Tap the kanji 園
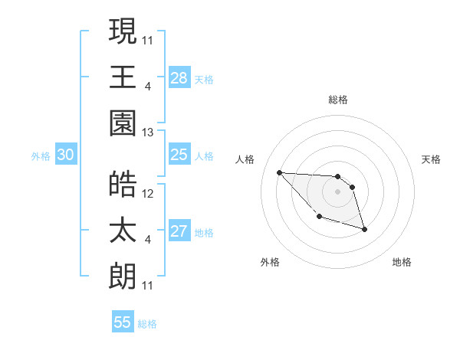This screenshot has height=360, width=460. (123, 123)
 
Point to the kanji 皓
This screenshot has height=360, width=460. (123, 184)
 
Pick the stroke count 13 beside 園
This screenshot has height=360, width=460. (148, 133)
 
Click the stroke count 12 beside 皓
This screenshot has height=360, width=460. (148, 194)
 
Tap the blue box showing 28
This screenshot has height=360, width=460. (179, 77)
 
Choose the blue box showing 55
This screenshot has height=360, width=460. (123, 322)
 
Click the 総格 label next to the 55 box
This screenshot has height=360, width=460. (147, 324)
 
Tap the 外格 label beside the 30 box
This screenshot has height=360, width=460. (41, 156)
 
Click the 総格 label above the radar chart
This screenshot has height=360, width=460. (338, 100)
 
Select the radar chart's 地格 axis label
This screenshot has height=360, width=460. (402, 262)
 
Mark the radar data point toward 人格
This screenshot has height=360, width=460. (280, 172)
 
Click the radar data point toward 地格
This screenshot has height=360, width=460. (364, 229)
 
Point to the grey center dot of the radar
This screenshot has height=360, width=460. (338, 191)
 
